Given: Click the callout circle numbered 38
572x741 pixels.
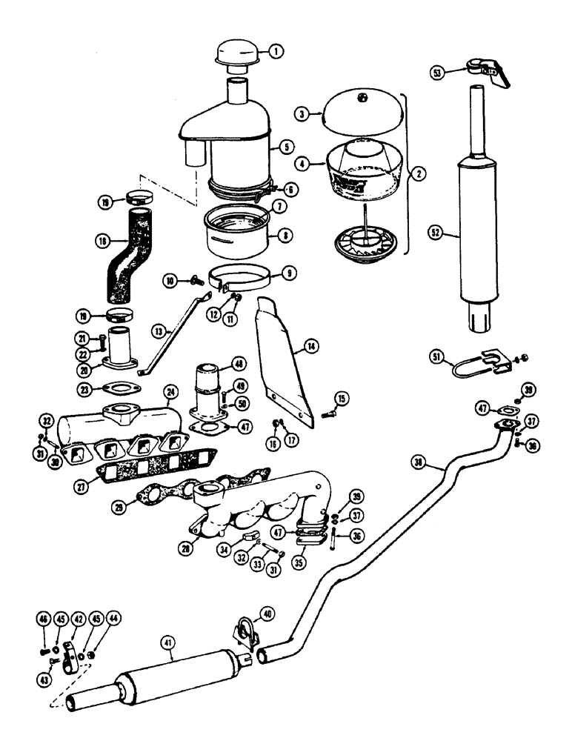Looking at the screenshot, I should pyautogui.click(x=420, y=463).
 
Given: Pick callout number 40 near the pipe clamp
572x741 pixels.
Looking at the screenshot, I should pyautogui.click(x=266, y=613).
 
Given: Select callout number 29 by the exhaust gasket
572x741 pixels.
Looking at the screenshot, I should pyautogui.click(x=135, y=505).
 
